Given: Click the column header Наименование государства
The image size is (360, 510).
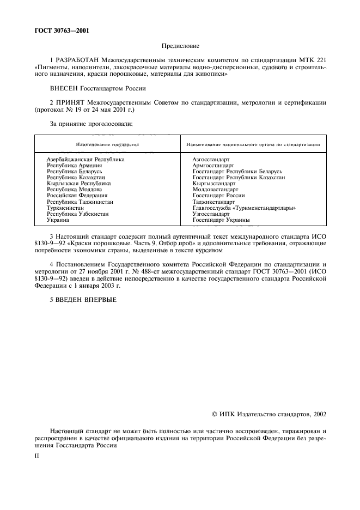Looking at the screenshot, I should point(107,144).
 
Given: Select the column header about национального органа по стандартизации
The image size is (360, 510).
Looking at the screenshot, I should point(253,144).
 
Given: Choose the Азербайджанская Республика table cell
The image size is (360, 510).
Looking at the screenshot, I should point(86,159).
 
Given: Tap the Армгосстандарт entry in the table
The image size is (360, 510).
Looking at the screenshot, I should point(213,165).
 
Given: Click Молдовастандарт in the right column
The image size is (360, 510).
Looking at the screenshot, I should point(215,190).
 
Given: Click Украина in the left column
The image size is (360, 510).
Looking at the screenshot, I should point(58,220).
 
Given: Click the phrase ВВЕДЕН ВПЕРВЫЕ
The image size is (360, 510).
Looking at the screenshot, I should point(82,298).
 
